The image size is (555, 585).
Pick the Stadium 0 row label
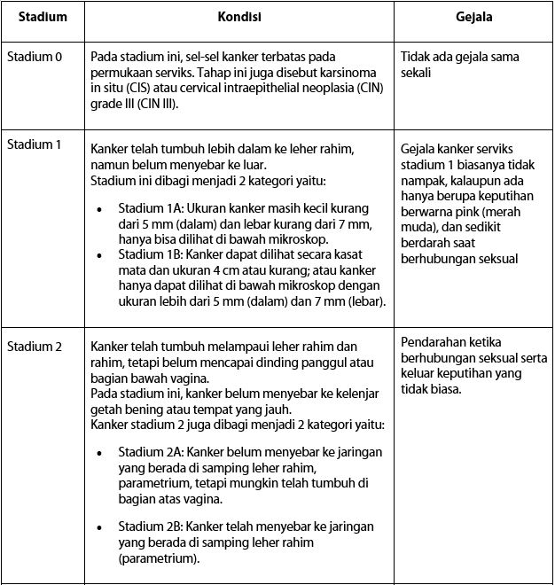tap(35, 58)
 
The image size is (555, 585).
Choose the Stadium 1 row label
tap(35, 145)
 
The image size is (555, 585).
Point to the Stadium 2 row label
tap(35, 346)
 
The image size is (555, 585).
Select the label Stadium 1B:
tap(148, 254)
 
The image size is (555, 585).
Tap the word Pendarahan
tap(432, 342)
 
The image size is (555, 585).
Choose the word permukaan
tap(125, 73)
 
